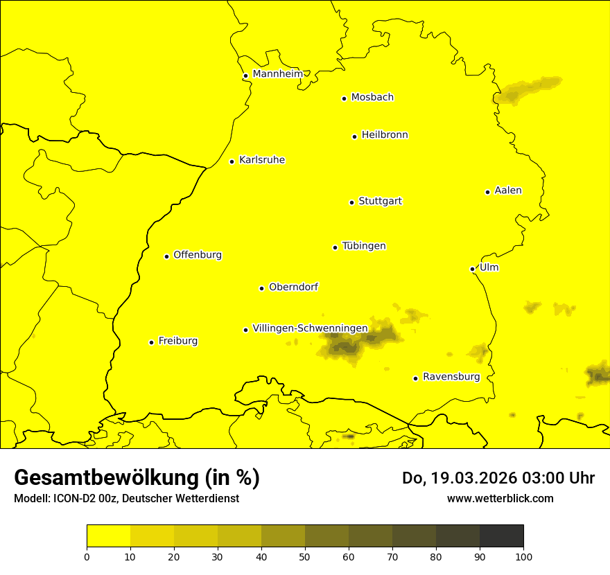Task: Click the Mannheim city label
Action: click(x=277, y=74)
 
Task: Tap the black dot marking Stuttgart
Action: click(x=351, y=202)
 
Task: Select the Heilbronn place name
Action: click(x=385, y=135)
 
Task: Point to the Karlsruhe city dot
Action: click(x=232, y=161)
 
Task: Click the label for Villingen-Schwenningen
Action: click(x=310, y=328)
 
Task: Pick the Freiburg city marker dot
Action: click(x=151, y=342)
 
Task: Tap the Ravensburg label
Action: click(x=451, y=377)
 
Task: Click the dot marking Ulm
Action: click(x=472, y=269)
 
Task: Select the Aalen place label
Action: click(x=508, y=191)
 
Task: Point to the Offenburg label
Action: click(x=198, y=255)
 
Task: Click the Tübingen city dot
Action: click(x=335, y=247)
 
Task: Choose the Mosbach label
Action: click(x=372, y=98)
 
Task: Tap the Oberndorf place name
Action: click(x=294, y=287)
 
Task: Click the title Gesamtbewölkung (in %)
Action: click(x=137, y=478)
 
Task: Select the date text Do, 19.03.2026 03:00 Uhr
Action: click(x=498, y=478)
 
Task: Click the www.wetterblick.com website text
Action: click(x=500, y=498)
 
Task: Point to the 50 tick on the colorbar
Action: click(x=305, y=556)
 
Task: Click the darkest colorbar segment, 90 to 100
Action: click(x=501, y=536)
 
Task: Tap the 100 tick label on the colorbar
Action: click(x=523, y=556)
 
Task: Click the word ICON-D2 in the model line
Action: click(x=71, y=499)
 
